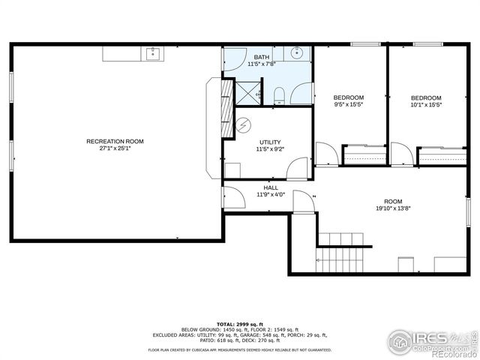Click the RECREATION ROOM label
pos(115,141)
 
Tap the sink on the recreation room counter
pos(152,52)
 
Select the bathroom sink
pos(297,52)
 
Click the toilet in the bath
pos(278,94)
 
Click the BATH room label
pos(262,57)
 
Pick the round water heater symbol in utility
pos(244,124)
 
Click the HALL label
pos(271,187)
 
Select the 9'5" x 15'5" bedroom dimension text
pos(349,105)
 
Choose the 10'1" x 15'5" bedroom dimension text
pos(426,105)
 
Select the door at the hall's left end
pos(232,196)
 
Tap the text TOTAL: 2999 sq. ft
pos(240,322)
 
